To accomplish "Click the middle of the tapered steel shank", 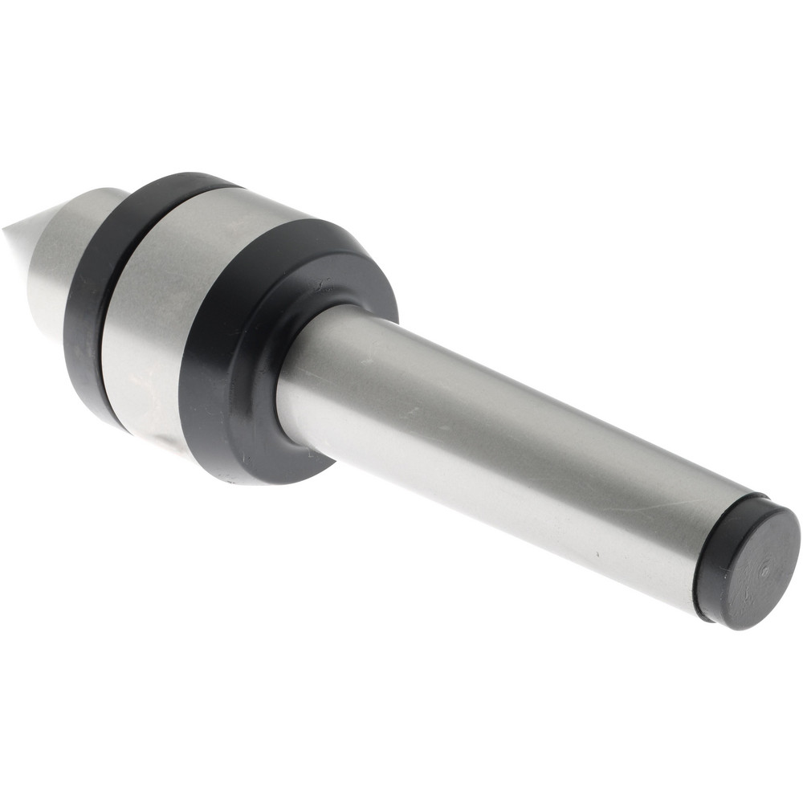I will point(498,450).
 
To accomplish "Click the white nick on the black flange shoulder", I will point(324,284).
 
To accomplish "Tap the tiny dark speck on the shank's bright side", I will point(598,554).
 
